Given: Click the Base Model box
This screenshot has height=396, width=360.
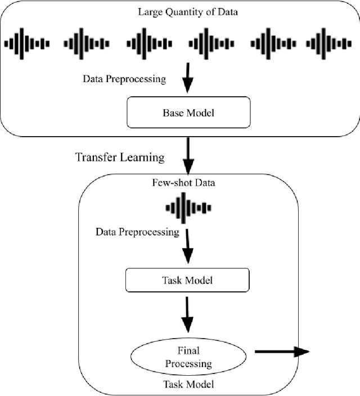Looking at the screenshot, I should (188, 112).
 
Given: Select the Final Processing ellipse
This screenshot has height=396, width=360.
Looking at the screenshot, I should (188, 357).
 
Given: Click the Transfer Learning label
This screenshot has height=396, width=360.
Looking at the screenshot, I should (120, 157).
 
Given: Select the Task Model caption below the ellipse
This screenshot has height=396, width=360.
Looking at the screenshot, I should (188, 384).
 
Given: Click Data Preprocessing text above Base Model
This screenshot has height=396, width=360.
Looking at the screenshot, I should (124, 79).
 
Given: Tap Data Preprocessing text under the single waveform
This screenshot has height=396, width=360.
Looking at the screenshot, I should (138, 231).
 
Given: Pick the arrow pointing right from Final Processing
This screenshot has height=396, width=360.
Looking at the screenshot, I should (281, 352).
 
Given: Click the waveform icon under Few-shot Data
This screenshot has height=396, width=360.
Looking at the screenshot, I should (188, 207).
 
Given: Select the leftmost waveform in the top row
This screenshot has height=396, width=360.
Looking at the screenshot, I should (27, 43).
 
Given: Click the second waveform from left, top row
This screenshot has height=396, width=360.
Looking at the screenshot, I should (87, 43).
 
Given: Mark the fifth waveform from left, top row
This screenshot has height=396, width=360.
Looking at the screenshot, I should (273, 43).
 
